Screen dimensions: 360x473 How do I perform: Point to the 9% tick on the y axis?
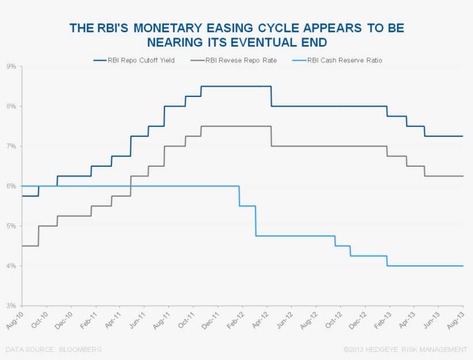(x=11, y=66)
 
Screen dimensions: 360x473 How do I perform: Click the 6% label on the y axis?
(x=11, y=186)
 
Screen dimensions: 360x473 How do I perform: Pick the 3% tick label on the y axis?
(x=11, y=306)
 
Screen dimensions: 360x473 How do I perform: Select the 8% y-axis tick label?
(x=11, y=106)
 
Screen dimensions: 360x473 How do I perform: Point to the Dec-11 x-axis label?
(x=210, y=318)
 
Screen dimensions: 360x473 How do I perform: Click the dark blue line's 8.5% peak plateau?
(x=236, y=87)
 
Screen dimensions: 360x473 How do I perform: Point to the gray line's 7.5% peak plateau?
(x=236, y=126)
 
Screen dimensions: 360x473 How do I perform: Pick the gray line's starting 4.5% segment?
(x=29, y=246)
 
